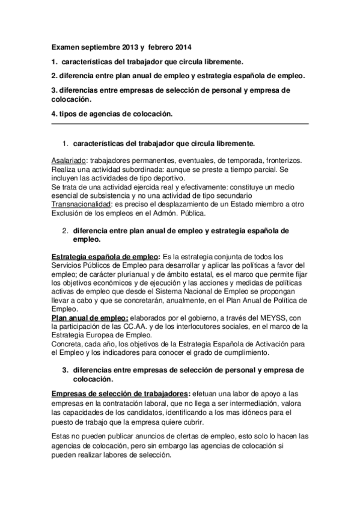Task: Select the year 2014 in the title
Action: pos(183,46)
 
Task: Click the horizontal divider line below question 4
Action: pos(180,124)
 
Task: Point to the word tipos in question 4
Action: pos(70,114)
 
